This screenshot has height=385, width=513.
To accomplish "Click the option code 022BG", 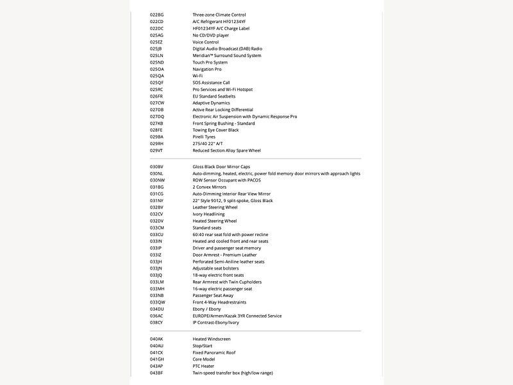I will tap(156, 15).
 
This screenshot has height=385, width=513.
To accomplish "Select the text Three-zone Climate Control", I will tap(219, 15).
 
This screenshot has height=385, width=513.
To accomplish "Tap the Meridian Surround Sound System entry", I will tap(226, 56).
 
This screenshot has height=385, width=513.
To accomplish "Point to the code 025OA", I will tap(156, 69).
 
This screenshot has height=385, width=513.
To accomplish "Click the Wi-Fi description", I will tap(198, 76).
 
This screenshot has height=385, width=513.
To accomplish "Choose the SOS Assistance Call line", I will tap(211, 83).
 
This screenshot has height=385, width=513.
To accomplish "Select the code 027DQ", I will tap(156, 117).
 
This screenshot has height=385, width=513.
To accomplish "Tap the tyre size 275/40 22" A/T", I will tap(208, 144).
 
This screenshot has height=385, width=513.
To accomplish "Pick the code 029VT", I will tap(156, 151).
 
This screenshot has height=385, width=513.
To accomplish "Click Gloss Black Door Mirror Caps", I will tap(221, 167).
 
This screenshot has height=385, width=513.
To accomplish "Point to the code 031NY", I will tap(156, 201).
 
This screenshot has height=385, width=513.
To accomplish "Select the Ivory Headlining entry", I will tap(208, 214).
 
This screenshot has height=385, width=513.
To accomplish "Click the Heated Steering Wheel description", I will tap(214, 221).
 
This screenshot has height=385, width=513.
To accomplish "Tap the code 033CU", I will tap(156, 235).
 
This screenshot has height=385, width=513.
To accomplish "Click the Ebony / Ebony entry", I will tap(206, 309).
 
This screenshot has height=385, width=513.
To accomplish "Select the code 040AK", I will tap(156, 339).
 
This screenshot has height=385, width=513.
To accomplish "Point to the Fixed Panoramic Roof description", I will tap(214, 352).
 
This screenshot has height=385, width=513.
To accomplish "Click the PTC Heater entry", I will tap(205, 366).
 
